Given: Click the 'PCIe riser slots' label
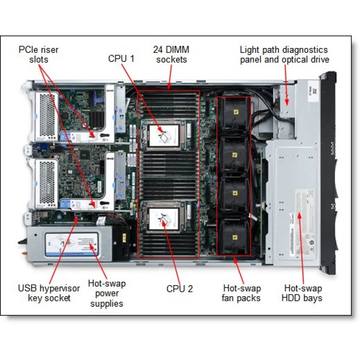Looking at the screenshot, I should [x=38, y=54].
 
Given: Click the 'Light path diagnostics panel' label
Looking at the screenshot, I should [x=284, y=54].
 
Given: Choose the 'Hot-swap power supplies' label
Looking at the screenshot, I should [x=106, y=293].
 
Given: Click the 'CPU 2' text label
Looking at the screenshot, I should [x=180, y=288].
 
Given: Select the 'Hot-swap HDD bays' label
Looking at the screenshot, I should [x=303, y=293].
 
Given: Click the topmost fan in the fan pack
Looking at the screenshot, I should [x=234, y=115].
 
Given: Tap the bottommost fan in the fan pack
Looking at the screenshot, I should [x=234, y=236].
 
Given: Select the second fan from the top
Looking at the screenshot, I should [x=234, y=155].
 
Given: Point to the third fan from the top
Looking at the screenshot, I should [x=234, y=195].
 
